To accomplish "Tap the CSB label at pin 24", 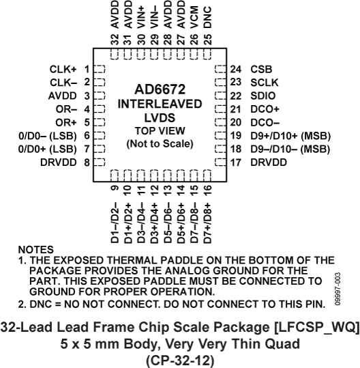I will pyautogui.click(x=261, y=69).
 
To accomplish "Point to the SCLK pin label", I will pyautogui.click(x=265, y=82).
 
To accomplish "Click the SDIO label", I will pyautogui.click(x=263, y=95).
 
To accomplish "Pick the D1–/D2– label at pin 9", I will pyautogui.click(x=115, y=220).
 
